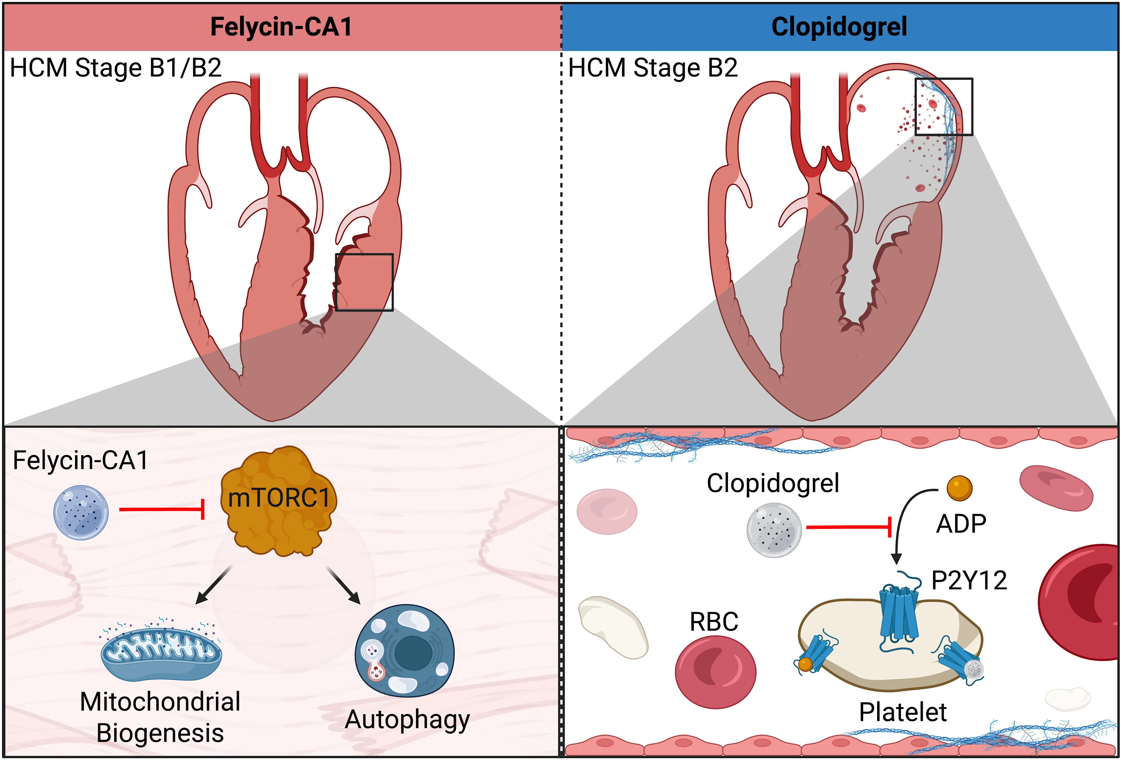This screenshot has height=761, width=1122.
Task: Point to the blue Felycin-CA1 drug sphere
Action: tap(81, 512)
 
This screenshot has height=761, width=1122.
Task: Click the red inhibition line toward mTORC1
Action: tap(162, 509)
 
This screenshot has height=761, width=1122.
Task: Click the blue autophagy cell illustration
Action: tap(405, 651)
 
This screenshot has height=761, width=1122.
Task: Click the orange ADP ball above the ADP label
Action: tap(959, 488)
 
